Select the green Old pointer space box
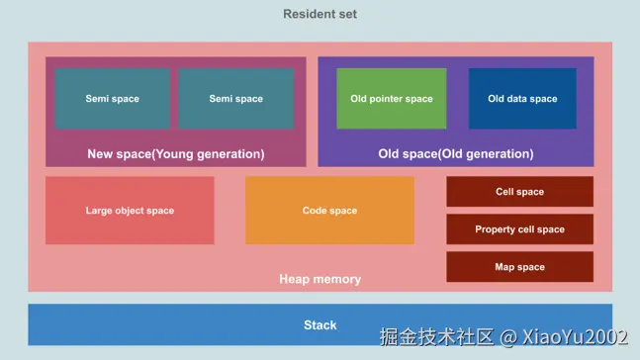point(392,98)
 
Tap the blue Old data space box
point(522,98)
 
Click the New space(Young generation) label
point(176,154)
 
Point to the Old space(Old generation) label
point(456,154)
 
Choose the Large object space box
point(130,211)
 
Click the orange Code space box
point(329,211)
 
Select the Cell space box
point(519,192)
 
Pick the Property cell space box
point(519,229)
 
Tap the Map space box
point(519,267)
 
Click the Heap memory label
point(320,280)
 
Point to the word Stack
point(320,325)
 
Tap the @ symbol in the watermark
point(507,338)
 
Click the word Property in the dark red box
point(496,229)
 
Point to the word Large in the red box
point(99,211)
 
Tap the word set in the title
point(346,14)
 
